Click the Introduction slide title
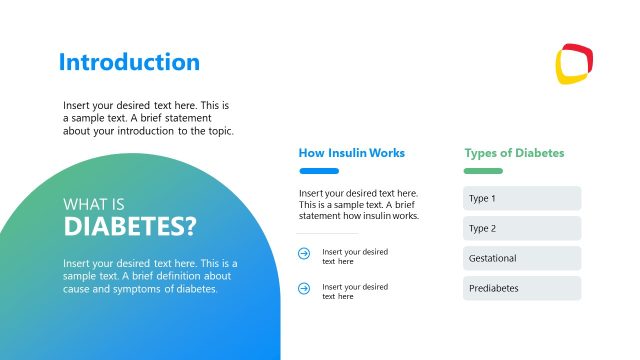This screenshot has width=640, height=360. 129,62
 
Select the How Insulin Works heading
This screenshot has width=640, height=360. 351,153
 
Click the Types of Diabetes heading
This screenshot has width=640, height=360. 514,153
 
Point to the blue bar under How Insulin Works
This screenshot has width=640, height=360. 318,171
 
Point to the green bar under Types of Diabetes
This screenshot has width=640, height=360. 483,171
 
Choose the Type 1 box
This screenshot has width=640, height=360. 521,198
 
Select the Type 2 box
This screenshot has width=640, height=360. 521,228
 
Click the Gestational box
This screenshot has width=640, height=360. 521,258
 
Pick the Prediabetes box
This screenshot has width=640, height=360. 521,288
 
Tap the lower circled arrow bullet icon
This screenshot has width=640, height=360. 304,290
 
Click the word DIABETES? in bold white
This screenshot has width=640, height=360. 130,226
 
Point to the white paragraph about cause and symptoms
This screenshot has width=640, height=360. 149,276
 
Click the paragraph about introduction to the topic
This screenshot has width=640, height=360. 148,118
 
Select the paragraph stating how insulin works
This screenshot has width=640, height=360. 358,204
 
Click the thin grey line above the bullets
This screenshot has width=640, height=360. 327,234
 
